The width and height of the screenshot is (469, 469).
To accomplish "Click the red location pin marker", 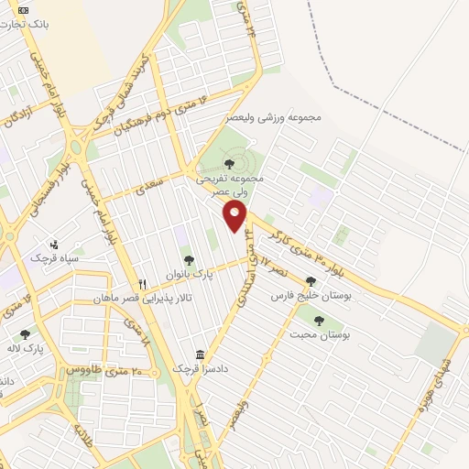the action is (x=235, y=216).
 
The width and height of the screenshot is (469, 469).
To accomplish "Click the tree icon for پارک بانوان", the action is (x=188, y=260).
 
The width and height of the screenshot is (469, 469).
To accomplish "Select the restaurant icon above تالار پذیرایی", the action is (x=142, y=284).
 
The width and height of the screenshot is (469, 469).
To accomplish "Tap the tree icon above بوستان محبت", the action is (x=318, y=321).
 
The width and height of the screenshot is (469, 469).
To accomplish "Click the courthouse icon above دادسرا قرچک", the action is (x=200, y=354).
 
